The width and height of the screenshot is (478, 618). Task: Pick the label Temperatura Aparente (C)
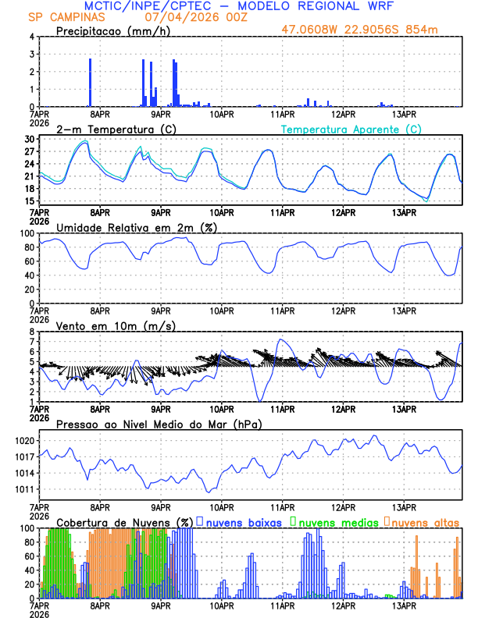point(351,129)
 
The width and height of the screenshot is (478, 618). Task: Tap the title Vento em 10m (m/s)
point(105,325)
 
